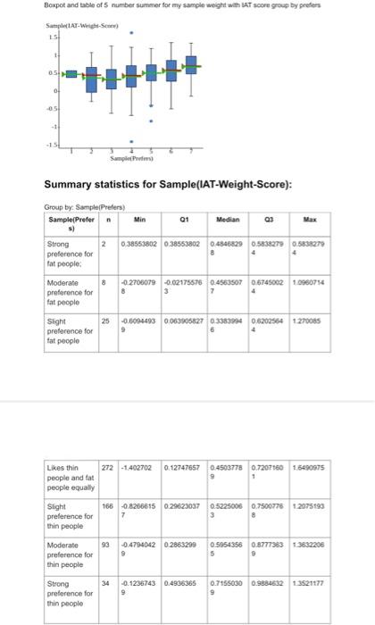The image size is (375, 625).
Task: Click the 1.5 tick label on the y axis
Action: [x=53, y=38]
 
